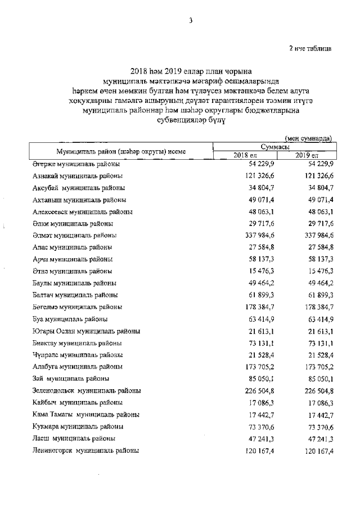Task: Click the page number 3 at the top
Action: click(191, 21)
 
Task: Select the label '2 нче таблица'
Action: click(310, 48)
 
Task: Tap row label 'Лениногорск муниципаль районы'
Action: click(85, 451)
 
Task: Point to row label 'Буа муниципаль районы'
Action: click(69, 319)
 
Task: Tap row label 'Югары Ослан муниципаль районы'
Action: click(86, 331)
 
